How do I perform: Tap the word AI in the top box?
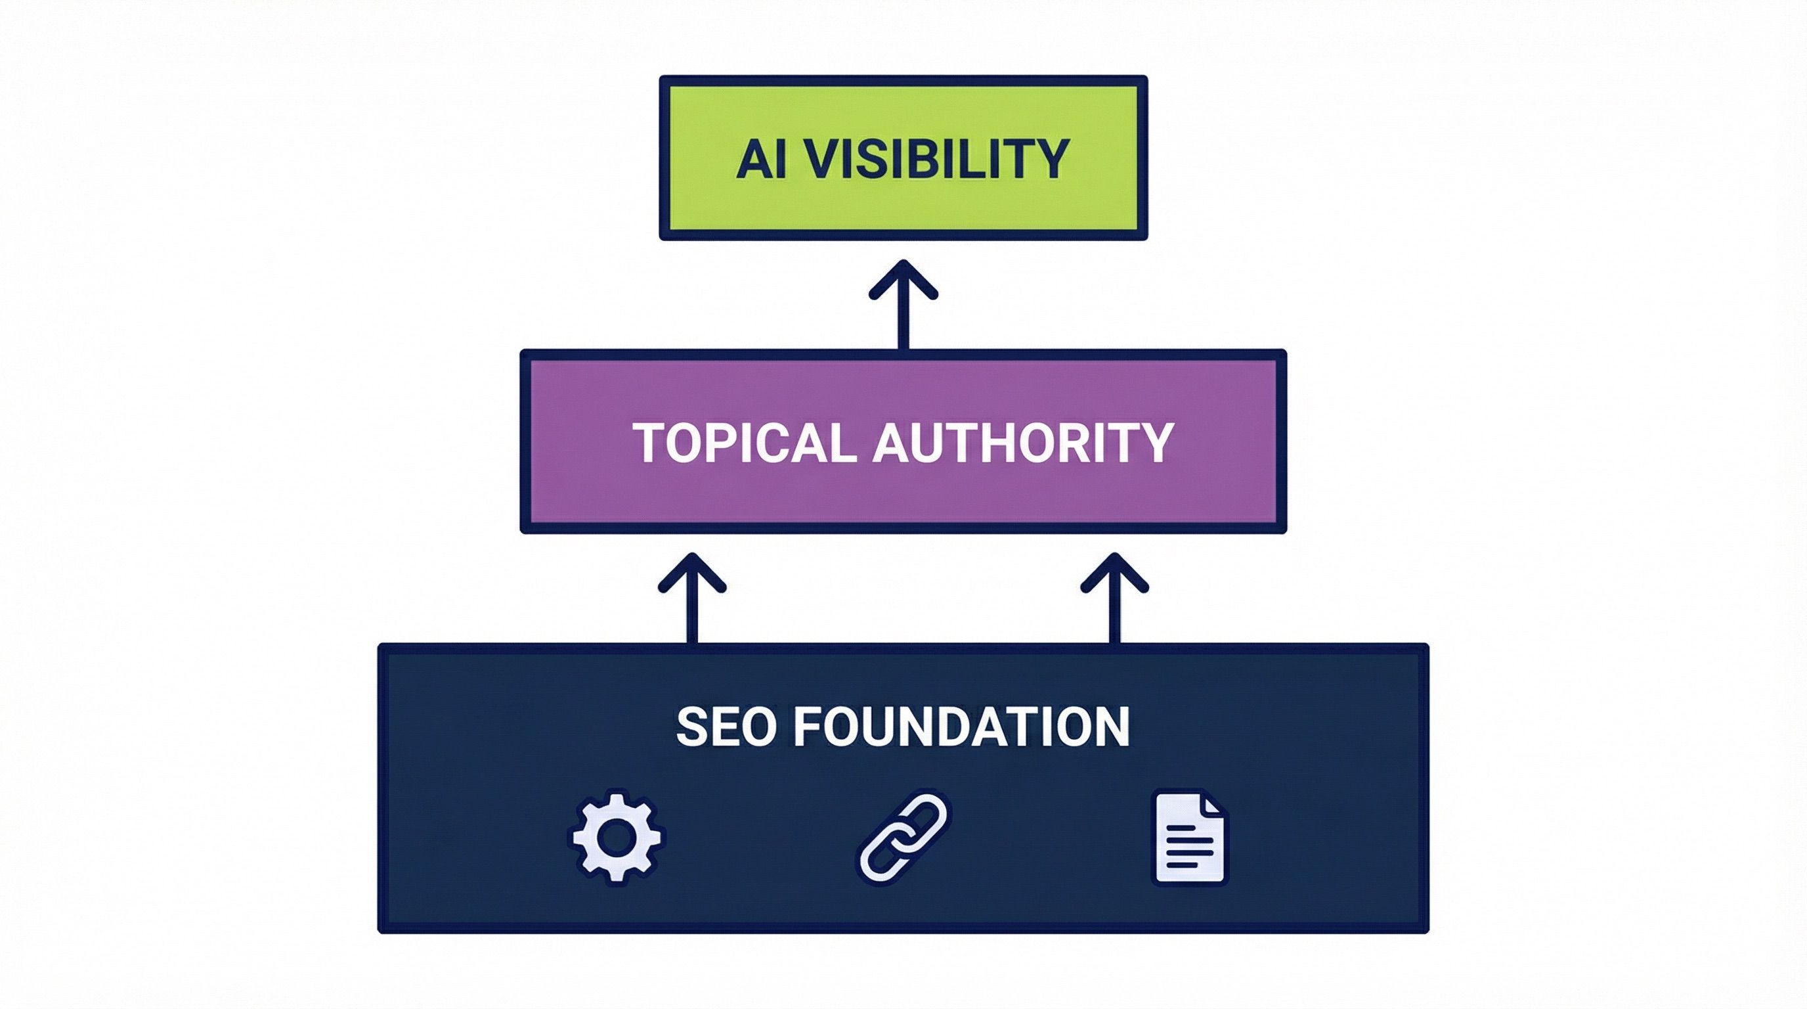tap(760, 158)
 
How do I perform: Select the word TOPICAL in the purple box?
tap(743, 442)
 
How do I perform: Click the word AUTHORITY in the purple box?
tap(1023, 442)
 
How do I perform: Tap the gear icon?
tap(616, 837)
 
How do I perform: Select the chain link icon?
tap(903, 837)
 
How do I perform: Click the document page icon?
tap(1190, 837)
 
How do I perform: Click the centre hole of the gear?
tap(616, 837)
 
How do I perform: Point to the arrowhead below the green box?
tap(903, 277)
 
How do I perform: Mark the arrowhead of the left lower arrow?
tap(692, 570)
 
